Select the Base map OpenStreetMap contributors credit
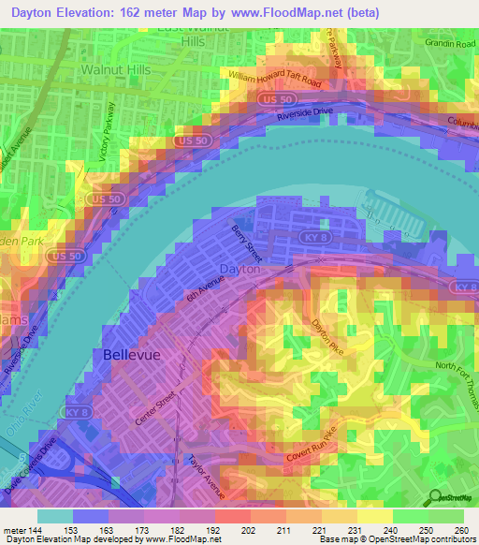pyautogui.click(x=396, y=539)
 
